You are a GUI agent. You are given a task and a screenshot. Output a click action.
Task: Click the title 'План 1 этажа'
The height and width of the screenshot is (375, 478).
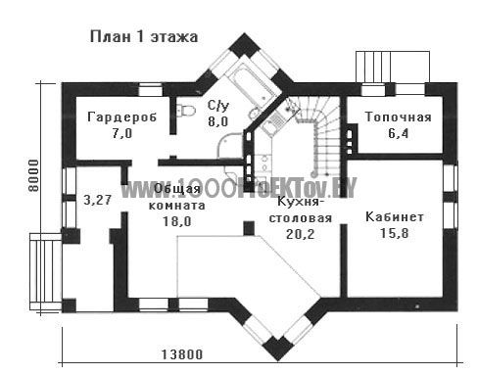144,37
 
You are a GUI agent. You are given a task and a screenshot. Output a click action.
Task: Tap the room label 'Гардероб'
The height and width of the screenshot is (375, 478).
122,117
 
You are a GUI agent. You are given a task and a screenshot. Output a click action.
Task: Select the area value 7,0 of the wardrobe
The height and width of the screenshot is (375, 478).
122,133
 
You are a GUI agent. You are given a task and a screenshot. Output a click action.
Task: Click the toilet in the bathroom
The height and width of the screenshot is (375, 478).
185,110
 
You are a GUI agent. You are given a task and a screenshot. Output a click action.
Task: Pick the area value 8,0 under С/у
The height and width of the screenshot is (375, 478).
218,121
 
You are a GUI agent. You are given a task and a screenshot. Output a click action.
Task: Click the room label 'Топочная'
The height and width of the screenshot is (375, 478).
398,117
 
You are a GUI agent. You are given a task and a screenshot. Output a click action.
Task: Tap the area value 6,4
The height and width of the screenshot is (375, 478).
399,133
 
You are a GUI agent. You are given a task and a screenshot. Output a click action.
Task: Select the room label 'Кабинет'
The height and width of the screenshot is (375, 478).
395,216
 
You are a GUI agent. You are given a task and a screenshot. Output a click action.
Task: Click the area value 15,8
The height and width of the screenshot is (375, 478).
394,233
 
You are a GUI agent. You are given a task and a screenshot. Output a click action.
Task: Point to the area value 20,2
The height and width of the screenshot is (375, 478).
300,234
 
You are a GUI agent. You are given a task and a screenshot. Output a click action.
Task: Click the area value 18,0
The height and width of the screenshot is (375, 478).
176,221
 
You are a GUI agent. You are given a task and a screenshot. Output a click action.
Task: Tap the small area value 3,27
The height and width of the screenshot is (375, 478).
98,200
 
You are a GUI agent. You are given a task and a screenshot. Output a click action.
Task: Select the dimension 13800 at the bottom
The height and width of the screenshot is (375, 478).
182,354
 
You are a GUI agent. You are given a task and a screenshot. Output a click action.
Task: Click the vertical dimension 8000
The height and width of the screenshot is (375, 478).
33,175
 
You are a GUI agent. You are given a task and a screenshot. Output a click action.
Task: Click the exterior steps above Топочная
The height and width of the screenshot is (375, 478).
393,67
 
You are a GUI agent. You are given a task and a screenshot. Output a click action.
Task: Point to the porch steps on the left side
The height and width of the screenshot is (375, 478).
45,271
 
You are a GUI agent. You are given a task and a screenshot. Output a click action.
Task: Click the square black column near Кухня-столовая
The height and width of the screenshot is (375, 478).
249,228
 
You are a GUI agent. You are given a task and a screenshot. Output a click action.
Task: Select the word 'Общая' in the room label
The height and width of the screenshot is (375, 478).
177,189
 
